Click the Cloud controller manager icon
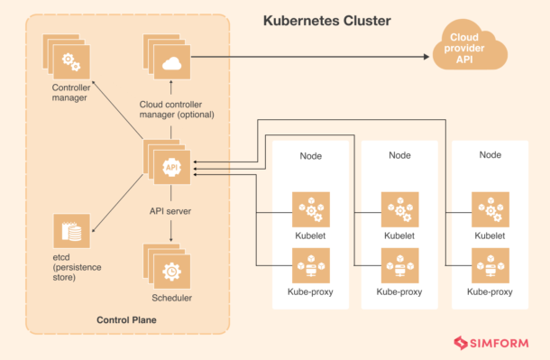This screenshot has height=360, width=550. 168,61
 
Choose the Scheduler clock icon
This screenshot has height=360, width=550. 169,267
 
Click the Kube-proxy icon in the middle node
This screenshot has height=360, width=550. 399,267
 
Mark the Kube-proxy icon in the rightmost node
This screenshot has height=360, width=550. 490,267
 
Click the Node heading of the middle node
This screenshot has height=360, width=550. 399,155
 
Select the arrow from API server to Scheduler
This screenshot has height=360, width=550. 170,231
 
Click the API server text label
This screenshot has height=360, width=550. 170,211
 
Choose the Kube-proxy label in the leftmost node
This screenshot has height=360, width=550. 310,291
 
